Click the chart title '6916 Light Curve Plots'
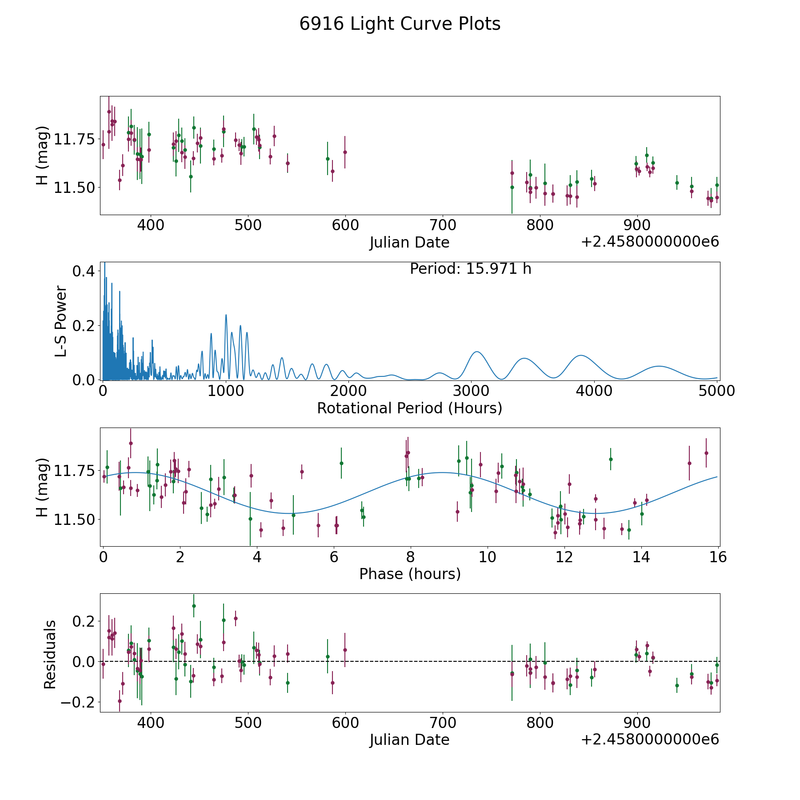coord(400,24)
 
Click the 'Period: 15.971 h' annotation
coord(470,269)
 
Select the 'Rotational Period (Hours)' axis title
coord(409,408)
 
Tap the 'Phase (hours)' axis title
coord(410,574)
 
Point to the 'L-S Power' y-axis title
coord(61,321)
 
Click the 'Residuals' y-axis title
coord(50,654)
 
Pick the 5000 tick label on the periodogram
coord(716,391)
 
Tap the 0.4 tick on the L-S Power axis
coord(84,271)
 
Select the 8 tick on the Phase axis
coord(411,557)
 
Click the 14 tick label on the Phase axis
coord(641,557)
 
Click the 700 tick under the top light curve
coord(443,225)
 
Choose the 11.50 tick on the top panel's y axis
coord(75,188)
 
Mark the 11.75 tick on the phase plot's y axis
coord(75,471)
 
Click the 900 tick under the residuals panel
coord(637,723)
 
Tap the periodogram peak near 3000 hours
coord(477,352)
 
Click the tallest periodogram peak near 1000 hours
coord(226,315)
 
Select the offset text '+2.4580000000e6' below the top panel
coord(650,242)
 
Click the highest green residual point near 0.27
coord(194,606)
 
